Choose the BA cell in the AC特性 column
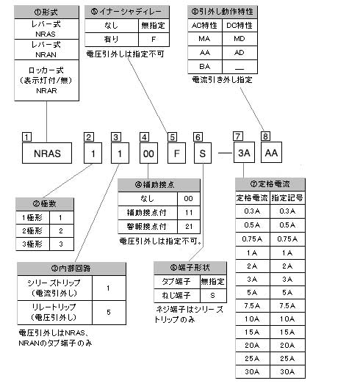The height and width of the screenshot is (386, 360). point(206,66)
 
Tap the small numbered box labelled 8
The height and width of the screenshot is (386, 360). point(265,136)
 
